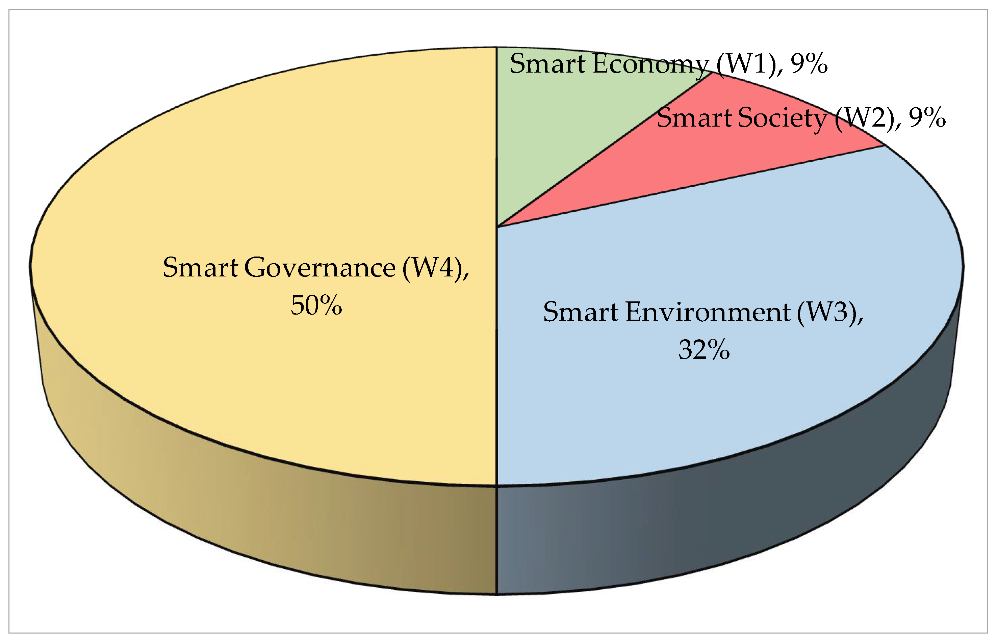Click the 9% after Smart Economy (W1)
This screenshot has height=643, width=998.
[x=809, y=63]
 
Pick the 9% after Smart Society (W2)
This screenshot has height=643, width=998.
[x=927, y=118]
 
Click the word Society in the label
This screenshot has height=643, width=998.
[x=784, y=118]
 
